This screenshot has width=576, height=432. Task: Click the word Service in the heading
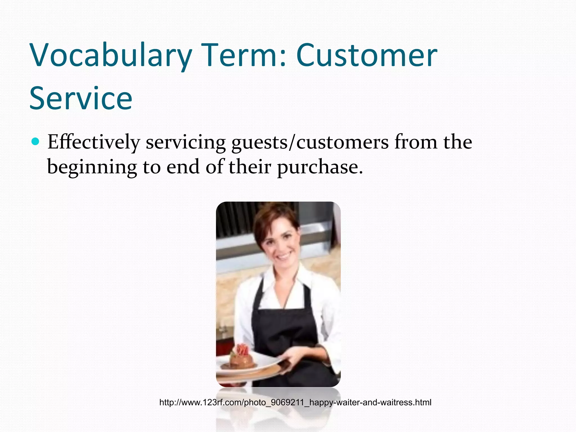point(81,98)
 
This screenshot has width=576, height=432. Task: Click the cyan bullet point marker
point(35,141)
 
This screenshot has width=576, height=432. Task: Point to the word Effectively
point(94,142)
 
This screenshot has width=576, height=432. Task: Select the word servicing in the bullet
point(186,142)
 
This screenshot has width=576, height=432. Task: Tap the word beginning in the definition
point(92,167)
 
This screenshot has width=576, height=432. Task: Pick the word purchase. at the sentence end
point(320,167)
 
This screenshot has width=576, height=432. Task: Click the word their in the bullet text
point(250,167)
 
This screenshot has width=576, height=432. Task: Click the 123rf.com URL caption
point(295,402)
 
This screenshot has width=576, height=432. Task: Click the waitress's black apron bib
point(284,323)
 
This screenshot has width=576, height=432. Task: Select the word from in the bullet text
point(415,142)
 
